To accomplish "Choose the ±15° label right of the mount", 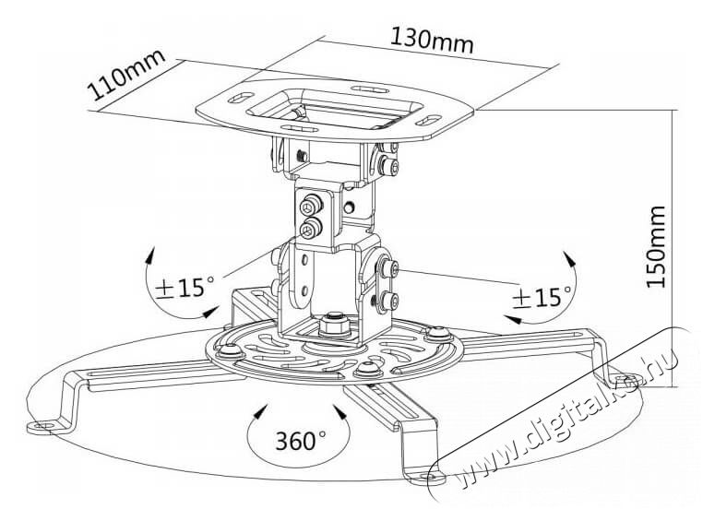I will [x=541, y=296].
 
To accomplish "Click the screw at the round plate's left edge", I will [x=225, y=349].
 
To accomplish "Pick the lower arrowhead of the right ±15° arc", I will [x=509, y=319].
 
